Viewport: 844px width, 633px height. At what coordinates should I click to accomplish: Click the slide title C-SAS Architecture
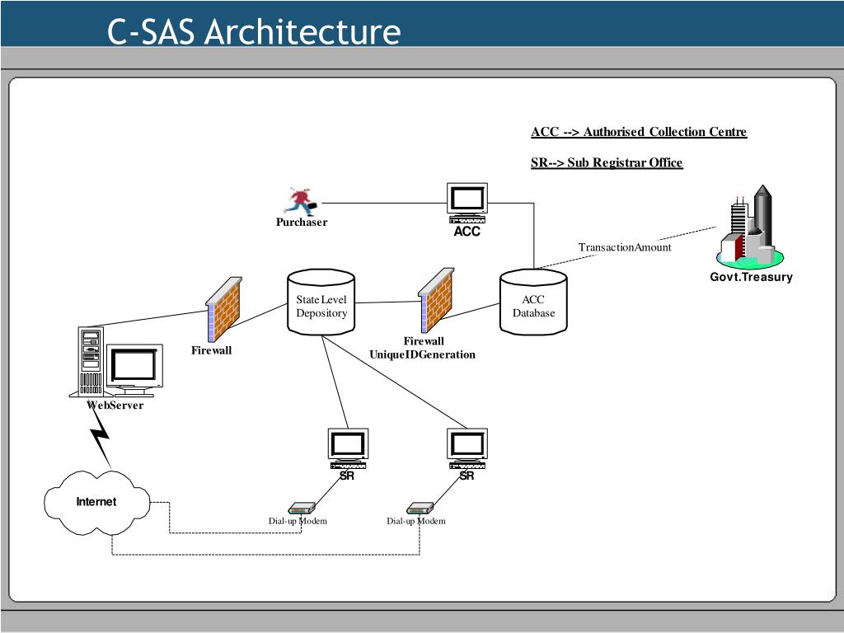point(254,32)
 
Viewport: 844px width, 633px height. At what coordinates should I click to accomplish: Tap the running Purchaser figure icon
point(301,201)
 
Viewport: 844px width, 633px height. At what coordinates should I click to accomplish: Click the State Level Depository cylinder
point(321,302)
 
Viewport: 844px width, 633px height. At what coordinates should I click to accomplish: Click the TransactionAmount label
point(625,247)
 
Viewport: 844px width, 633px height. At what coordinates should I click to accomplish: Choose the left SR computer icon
point(348,448)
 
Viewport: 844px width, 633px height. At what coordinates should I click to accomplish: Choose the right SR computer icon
point(467,448)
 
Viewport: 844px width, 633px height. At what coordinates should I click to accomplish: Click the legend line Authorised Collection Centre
point(639,132)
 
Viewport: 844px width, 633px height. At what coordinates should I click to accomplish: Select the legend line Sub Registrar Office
point(607,162)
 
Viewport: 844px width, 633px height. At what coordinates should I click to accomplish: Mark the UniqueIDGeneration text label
point(423,354)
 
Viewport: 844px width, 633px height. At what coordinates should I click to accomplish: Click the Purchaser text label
point(302,223)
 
